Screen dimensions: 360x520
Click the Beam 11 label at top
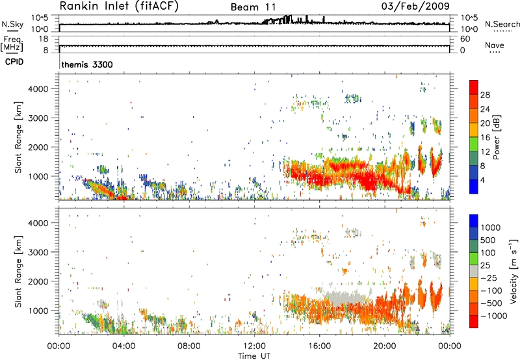(255, 7)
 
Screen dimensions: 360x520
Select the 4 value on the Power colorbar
(484, 179)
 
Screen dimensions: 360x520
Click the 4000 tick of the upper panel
(44, 88)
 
